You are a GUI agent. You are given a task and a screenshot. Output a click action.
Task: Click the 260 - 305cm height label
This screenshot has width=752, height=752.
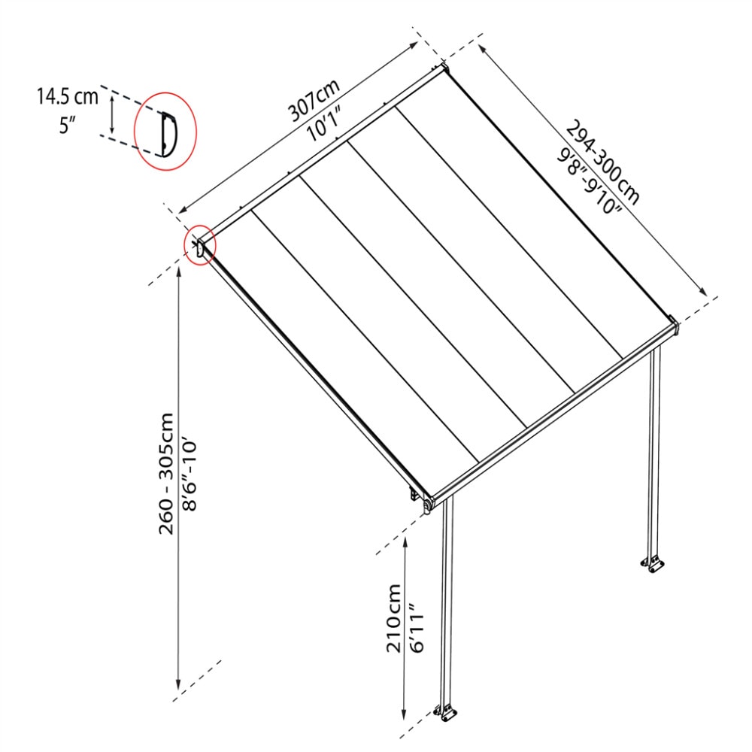[x=166, y=474]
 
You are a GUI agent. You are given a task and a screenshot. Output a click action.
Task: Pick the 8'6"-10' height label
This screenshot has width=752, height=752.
[x=190, y=474]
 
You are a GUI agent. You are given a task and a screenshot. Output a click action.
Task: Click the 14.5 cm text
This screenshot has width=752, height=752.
[x=67, y=96]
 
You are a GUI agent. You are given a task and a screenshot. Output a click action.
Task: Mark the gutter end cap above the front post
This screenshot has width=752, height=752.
[x=428, y=506]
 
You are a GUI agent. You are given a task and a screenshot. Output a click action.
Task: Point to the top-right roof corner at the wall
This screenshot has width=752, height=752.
[x=444, y=71]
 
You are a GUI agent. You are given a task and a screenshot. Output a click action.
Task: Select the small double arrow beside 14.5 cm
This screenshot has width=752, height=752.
[x=112, y=113]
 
